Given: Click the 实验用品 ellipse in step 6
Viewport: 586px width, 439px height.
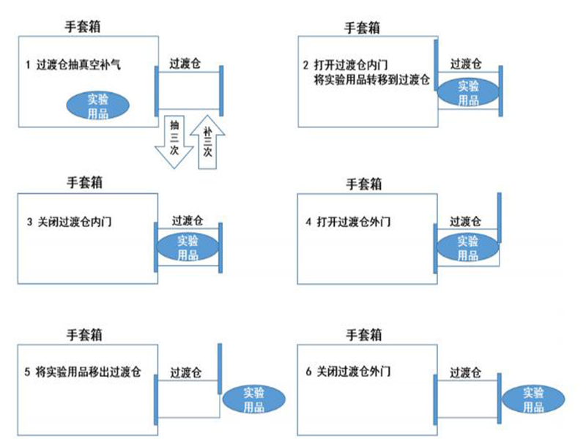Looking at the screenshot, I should pos(534,399).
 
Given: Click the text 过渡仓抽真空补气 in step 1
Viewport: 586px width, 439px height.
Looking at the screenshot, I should pos(78,64).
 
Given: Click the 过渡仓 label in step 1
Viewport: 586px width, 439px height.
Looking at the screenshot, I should pos(185,63).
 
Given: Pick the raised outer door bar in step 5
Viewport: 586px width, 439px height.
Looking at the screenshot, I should pos(219,370).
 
